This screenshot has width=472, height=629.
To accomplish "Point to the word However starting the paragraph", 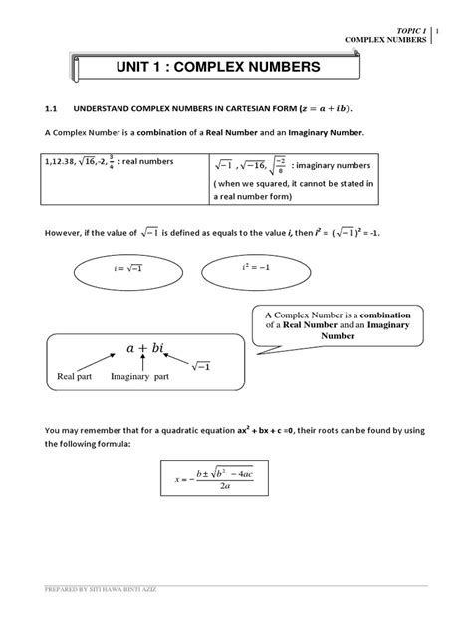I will (65, 232).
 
